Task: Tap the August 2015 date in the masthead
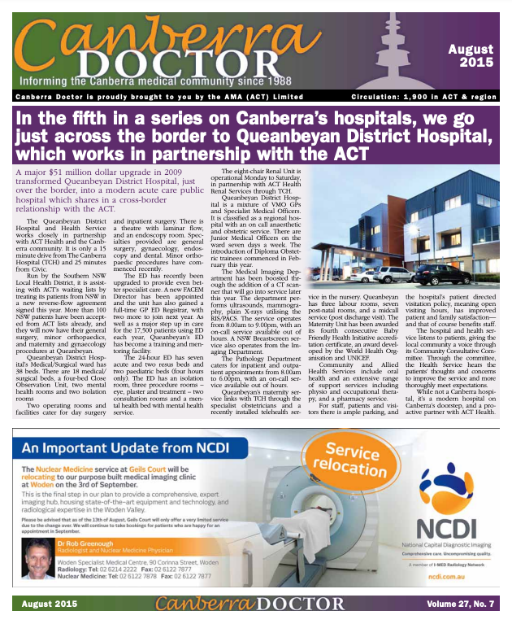tap(471, 56)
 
